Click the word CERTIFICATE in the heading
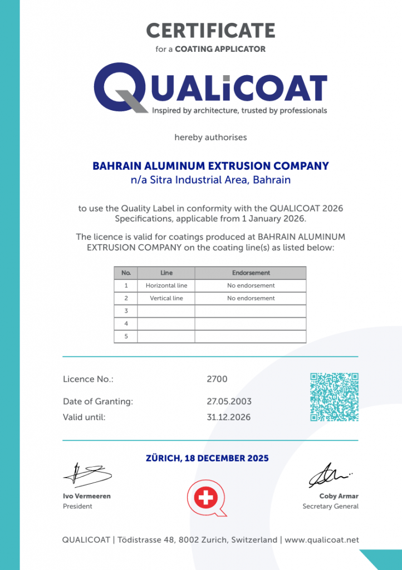(210, 30)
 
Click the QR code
(334, 397)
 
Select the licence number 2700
(217, 379)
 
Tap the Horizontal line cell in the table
(166, 286)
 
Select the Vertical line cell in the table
(166, 298)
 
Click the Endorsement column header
(251, 273)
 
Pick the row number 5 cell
(126, 336)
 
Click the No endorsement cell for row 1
(251, 286)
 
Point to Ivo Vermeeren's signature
(87, 474)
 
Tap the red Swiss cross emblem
(205, 498)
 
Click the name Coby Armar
(339, 496)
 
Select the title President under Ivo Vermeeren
(77, 507)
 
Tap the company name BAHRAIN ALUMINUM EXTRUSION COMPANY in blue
(210, 166)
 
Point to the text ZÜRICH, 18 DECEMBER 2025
(207, 459)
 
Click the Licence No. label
(88, 379)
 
